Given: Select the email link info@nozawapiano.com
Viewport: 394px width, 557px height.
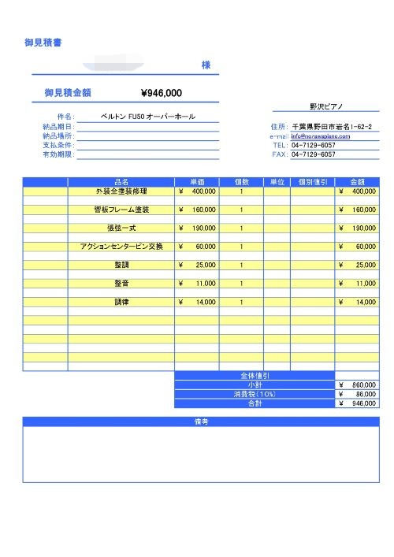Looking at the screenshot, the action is click(x=321, y=136).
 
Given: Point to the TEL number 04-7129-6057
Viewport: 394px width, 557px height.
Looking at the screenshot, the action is click(x=314, y=145).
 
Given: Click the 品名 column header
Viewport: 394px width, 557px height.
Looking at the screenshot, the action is click(x=121, y=181).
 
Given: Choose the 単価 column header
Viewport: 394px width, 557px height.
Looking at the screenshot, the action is click(x=197, y=181).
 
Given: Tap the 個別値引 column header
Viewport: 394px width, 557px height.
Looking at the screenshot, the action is click(x=312, y=181).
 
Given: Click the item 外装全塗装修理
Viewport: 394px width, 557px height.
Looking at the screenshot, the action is click(x=121, y=191).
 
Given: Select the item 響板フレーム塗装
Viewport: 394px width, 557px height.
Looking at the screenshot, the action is click(x=121, y=210).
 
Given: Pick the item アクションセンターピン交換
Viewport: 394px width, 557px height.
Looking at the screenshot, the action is click(x=121, y=247).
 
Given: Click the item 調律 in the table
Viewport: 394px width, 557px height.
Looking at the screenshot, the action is click(x=121, y=302).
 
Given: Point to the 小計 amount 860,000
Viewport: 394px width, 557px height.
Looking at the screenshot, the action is click(x=363, y=384).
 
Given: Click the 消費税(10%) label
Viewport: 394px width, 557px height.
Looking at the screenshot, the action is click(x=254, y=393).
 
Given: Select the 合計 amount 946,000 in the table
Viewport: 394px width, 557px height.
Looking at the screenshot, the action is click(x=363, y=403).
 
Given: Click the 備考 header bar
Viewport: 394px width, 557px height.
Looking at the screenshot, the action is click(x=200, y=421).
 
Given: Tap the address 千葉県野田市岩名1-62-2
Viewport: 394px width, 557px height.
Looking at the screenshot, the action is click(x=331, y=126).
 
